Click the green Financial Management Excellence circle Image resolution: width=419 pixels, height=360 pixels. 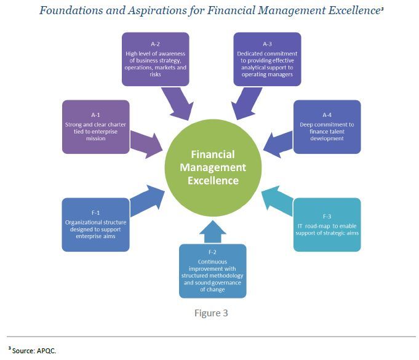213,167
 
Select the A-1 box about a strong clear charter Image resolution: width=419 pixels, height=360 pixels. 95,127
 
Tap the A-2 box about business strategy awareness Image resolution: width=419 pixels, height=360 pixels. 155,59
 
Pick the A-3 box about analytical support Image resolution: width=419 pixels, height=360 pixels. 267,59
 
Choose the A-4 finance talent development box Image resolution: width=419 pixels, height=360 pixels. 327,127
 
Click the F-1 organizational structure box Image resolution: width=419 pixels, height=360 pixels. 95,225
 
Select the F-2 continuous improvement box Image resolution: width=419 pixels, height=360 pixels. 212,271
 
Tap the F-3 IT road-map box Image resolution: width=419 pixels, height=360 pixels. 327,225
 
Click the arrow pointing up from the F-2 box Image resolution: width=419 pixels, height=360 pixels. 213,231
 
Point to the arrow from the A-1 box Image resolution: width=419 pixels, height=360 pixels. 146,145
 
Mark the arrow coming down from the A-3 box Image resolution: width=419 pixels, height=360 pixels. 246,104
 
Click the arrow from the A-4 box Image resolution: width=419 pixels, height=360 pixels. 278,145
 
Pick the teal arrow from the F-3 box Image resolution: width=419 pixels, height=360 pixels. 277,200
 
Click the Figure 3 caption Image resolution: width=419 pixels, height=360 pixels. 211,313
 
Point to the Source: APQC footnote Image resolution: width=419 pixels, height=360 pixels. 32,350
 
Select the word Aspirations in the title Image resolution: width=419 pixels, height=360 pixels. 157,10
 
